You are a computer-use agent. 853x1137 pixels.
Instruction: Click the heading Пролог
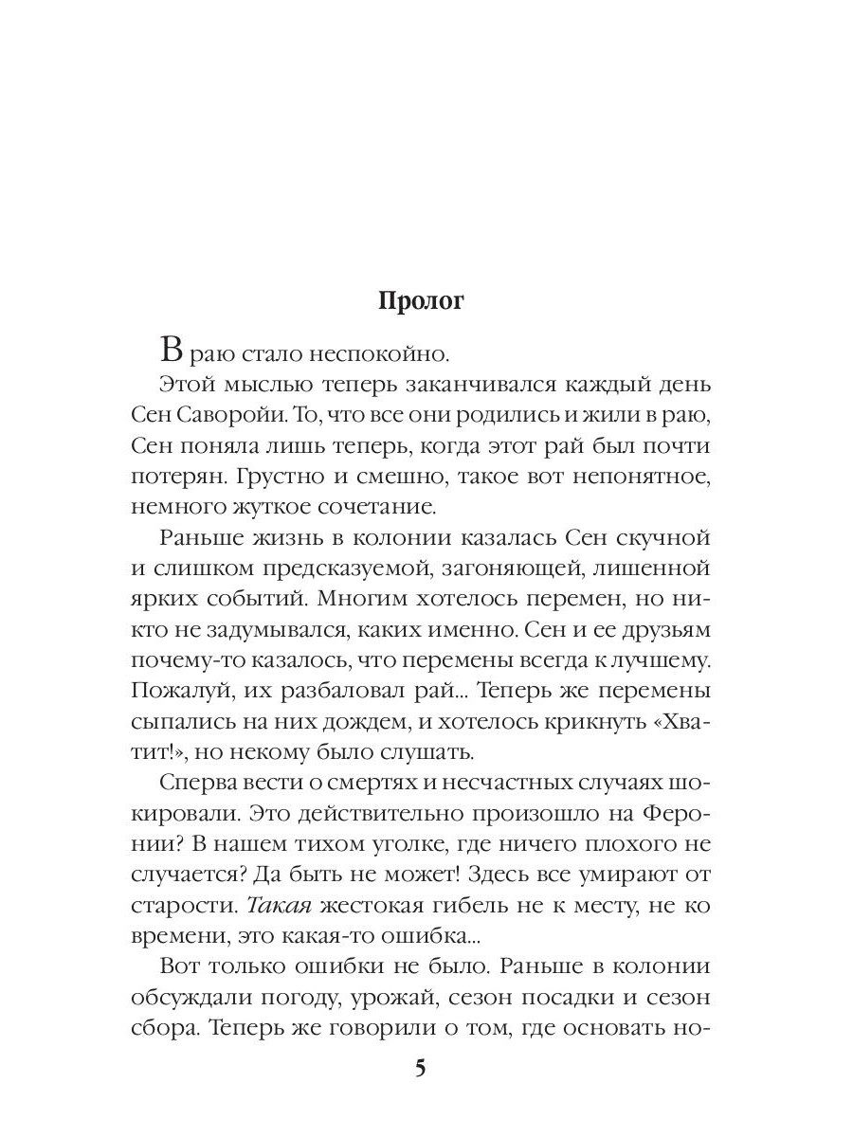point(422,301)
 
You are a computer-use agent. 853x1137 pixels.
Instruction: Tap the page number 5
point(421,1069)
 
